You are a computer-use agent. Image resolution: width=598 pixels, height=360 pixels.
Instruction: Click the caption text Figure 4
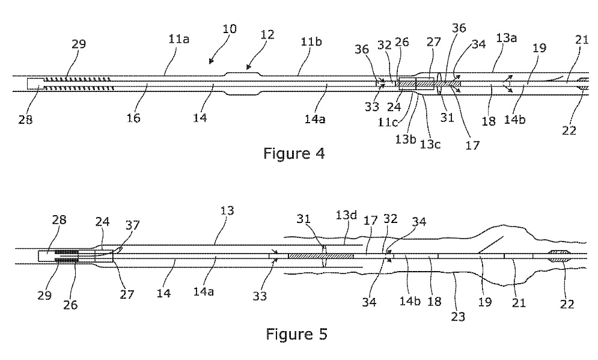tap(294, 153)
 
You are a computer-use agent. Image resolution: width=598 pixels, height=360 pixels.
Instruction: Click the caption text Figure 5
tap(296, 334)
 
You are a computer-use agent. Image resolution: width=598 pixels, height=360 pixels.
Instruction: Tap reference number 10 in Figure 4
tap(228, 29)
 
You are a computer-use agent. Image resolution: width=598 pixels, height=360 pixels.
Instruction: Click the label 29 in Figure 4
tap(78, 44)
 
